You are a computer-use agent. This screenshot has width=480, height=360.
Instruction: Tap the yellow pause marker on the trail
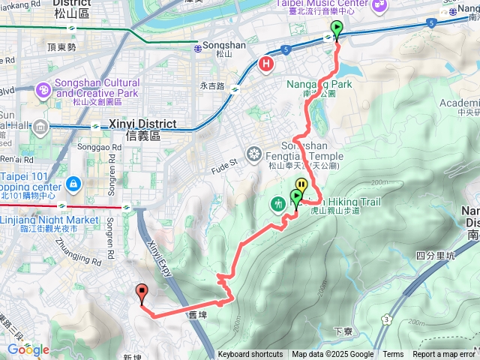tap(301, 184)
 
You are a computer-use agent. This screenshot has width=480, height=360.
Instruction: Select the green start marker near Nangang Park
tap(336, 31)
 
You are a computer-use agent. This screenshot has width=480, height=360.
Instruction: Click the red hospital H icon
tap(266, 64)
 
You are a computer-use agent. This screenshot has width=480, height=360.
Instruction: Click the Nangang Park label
tap(319, 85)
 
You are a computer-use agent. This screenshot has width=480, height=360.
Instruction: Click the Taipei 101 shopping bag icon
tap(73, 182)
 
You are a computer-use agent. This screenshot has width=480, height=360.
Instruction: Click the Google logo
tap(28, 349)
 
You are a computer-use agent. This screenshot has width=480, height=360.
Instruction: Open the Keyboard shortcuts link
tap(250, 355)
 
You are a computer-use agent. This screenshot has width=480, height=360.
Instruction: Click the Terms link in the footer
tap(393, 355)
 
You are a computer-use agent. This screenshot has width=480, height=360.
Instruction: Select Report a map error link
tap(445, 355)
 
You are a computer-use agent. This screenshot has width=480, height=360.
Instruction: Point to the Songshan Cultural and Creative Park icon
tap(43, 91)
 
